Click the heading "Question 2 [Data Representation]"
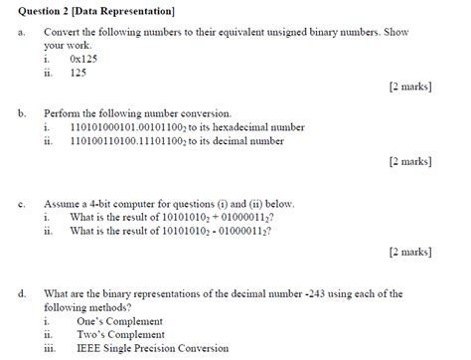97,11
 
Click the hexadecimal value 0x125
85,59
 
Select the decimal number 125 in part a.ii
79,72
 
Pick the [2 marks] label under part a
410,87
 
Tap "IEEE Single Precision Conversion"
152,348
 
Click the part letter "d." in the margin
23,293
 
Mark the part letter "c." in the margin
22,202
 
